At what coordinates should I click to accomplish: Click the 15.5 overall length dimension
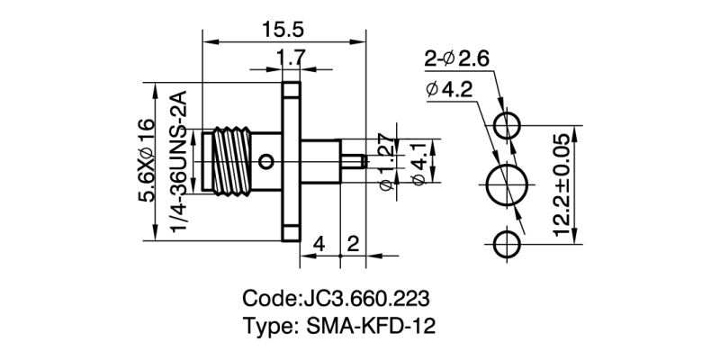(x=283, y=30)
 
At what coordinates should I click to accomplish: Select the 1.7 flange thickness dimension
(x=290, y=58)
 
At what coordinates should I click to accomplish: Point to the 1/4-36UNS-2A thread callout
(x=178, y=162)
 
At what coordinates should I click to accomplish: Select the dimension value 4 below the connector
(x=319, y=243)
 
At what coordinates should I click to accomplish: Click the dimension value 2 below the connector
(x=353, y=243)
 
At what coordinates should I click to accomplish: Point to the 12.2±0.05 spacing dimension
(x=563, y=185)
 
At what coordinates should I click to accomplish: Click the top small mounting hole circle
(x=509, y=125)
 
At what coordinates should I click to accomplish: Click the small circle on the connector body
(x=265, y=162)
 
